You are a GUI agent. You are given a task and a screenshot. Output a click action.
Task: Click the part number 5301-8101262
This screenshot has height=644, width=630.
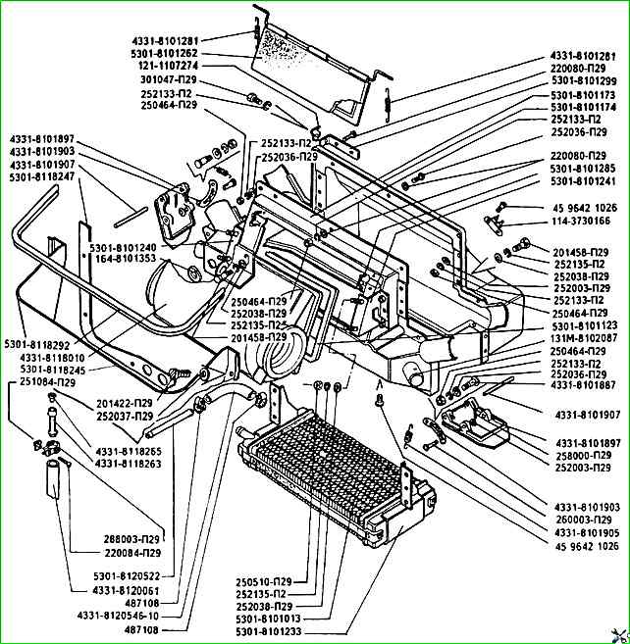pos(165,53)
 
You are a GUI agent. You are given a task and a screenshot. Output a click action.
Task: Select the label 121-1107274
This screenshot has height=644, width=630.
pos(168,66)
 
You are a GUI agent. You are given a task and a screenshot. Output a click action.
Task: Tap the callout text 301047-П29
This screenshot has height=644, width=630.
pos(169,79)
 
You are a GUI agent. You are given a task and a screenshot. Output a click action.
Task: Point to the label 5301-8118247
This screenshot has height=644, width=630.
pos(42,176)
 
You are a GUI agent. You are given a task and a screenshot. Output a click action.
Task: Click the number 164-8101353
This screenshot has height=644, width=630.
pos(126,259)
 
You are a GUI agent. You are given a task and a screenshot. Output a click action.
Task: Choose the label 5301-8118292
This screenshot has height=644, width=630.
pos(37,344)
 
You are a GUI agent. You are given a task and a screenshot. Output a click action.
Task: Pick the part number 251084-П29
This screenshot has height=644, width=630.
pos(48,382)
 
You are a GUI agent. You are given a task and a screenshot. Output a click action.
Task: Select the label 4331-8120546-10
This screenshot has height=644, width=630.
pos(118,617)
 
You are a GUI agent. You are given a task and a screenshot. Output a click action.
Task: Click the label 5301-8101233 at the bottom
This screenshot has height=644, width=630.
pos(269,631)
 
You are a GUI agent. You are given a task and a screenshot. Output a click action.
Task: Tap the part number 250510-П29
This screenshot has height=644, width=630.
pos(264,582)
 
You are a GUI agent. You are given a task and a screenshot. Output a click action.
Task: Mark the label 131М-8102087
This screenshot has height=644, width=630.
pos(584,338)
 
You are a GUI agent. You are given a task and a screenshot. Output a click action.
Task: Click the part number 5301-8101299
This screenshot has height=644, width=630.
pos(584,81)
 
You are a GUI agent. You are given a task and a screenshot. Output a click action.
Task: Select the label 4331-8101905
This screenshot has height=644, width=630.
pos(587,532)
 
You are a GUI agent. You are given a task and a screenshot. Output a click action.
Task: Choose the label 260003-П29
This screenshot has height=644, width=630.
pos(584,520)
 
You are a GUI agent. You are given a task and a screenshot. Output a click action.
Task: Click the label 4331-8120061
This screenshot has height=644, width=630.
pos(127,591)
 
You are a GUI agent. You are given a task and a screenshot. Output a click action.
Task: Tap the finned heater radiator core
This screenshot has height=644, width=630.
pos(337,472)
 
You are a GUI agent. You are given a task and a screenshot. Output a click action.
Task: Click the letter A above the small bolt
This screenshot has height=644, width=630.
pos(380,385)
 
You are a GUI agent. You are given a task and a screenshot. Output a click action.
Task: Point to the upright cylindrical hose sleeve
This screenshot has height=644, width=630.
pos(53,479)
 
